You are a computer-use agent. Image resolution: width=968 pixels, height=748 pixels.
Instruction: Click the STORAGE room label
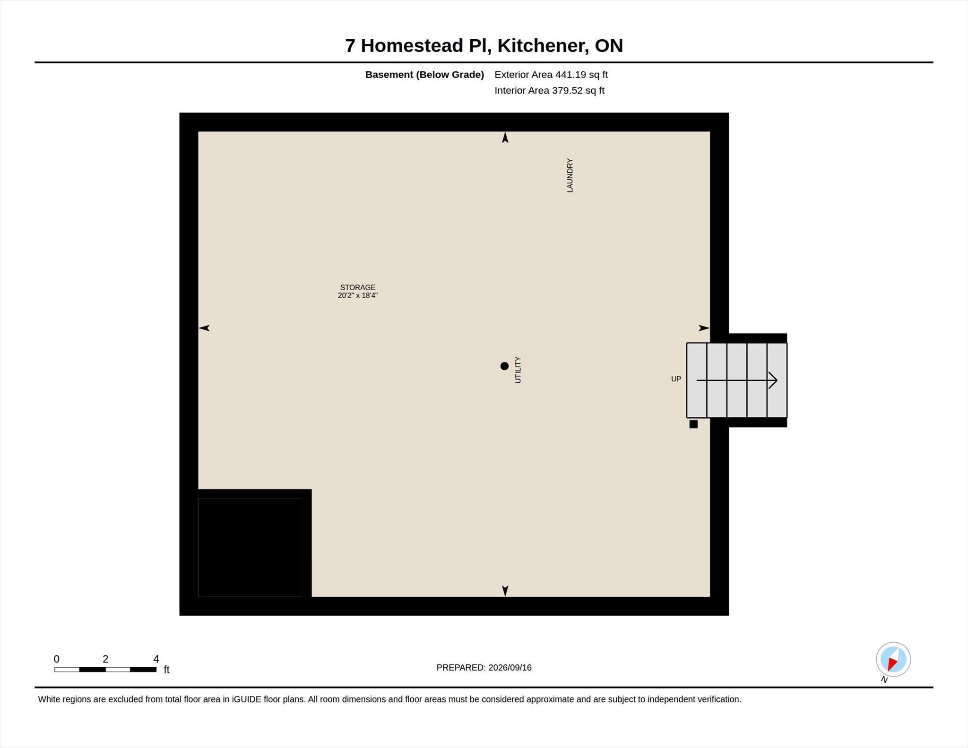pos(358,287)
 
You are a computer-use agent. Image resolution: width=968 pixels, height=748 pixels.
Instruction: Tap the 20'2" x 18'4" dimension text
pos(358,295)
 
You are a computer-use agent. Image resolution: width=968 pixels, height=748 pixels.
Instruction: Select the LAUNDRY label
pos(570,175)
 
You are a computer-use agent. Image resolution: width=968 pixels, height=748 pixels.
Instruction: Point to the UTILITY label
pos(518,370)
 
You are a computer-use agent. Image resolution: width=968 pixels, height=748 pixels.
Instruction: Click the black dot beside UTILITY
pos(504,366)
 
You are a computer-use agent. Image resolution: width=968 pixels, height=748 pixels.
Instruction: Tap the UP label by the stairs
pos(676,379)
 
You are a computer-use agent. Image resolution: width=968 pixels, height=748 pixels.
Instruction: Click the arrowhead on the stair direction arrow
pos(773,380)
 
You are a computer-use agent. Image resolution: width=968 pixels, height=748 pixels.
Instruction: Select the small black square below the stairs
pos(693,424)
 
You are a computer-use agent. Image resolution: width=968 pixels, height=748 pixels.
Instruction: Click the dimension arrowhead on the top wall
pos(505,138)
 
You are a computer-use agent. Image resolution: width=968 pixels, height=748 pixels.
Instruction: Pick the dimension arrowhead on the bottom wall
pos(505,591)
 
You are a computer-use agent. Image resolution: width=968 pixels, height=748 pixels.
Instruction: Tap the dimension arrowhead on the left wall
pos(204,328)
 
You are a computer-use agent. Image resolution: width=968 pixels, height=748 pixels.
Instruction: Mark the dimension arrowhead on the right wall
pos(704,328)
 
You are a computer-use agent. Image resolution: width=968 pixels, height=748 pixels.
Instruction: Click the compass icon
pos(893,659)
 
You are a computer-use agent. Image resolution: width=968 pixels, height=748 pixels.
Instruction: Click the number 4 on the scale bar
pos(156,659)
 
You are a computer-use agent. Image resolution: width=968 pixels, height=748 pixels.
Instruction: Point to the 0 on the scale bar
pos(57,659)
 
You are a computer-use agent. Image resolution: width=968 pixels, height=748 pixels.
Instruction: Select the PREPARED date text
pos(484,668)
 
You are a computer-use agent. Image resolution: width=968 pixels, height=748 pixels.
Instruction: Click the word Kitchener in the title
pos(543,46)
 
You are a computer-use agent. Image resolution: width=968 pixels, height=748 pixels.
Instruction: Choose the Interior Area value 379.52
pos(567,91)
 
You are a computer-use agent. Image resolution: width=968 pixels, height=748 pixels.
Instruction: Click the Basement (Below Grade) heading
pos(424,75)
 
